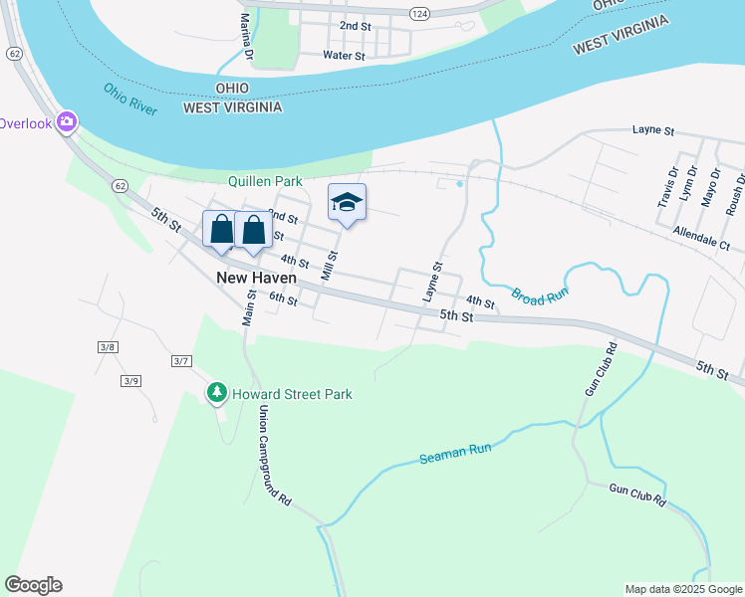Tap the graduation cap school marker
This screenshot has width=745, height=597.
point(347,203)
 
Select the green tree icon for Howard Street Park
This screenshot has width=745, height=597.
point(217,394)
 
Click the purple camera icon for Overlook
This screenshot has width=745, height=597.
point(68,122)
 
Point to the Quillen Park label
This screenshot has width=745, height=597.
point(264,181)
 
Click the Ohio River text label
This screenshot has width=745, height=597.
point(129,99)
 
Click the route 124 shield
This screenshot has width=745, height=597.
point(419,12)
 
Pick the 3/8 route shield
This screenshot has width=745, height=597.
point(108,346)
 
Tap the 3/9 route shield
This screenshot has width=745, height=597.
point(130,381)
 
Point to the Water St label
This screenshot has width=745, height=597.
point(344,56)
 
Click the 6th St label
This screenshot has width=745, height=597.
point(284,299)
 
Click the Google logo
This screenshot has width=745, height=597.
point(33,585)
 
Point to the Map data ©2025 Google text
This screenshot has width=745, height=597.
point(682,589)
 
